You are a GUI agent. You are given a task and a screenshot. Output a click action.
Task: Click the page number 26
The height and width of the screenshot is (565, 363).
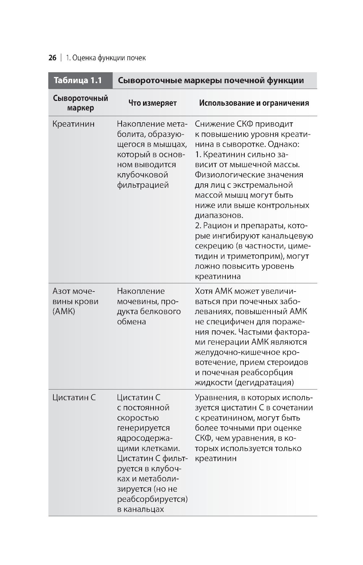[x=52, y=58]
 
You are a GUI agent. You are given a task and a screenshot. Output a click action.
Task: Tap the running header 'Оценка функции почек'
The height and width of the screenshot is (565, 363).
[x=109, y=58]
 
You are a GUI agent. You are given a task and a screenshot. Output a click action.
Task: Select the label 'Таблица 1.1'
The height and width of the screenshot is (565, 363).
[x=78, y=80]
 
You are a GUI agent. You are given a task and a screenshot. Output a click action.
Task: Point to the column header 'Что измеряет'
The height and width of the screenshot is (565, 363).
[x=152, y=103]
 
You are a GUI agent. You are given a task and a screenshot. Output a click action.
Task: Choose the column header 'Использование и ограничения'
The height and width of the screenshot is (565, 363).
[x=254, y=103]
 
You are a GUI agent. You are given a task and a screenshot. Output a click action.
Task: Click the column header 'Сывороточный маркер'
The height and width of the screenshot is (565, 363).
[x=80, y=103]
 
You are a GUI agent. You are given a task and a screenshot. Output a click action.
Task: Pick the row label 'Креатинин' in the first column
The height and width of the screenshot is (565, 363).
[x=73, y=124]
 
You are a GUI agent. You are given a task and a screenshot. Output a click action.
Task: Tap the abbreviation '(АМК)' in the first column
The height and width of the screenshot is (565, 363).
[x=64, y=312]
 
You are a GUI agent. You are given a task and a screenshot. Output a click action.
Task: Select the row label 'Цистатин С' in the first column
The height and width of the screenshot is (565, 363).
[x=74, y=398]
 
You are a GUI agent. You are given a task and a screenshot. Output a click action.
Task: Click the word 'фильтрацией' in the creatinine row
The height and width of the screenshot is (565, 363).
[x=143, y=185]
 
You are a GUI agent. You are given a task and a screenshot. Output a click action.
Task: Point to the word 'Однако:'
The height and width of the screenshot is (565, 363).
[x=284, y=144]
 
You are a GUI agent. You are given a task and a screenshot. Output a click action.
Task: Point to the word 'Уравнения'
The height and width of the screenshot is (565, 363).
[x=216, y=398]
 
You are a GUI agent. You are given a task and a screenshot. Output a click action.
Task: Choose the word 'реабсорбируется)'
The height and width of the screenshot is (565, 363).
[x=152, y=499]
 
